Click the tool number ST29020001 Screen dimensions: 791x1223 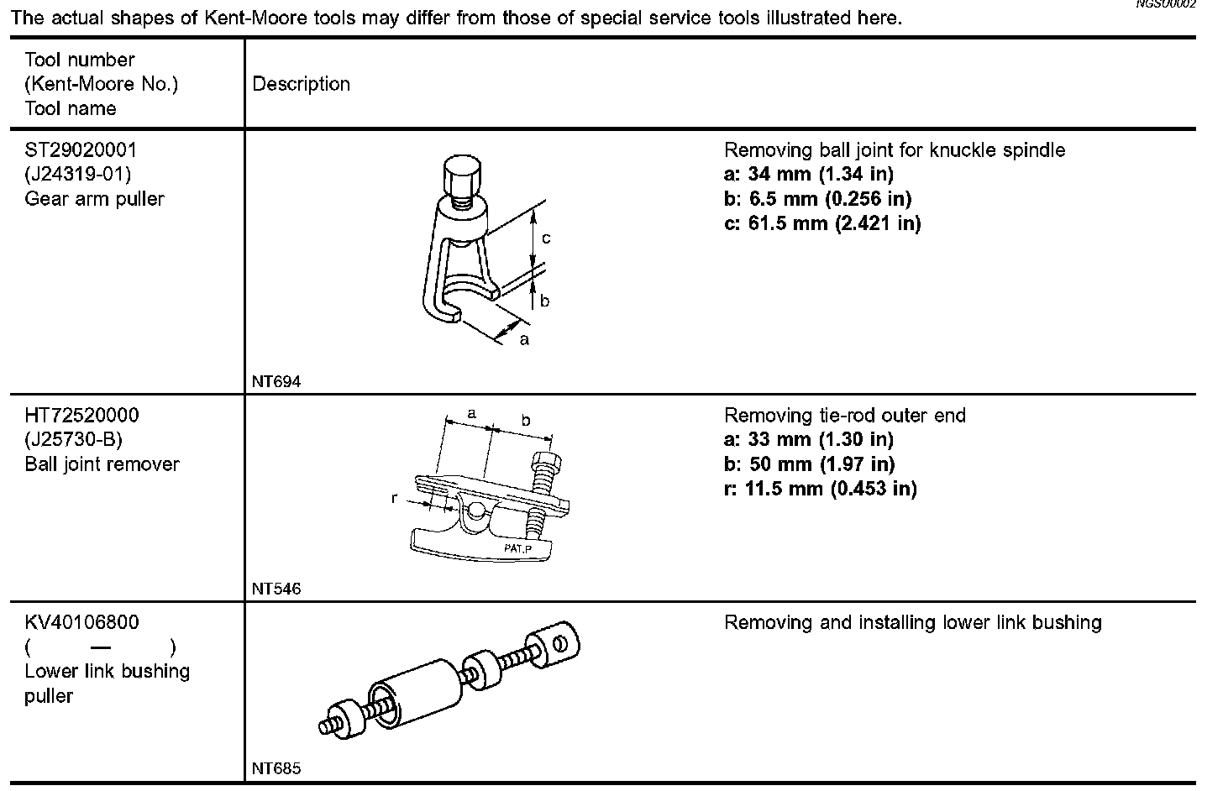81,150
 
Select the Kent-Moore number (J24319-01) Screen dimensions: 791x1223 78,175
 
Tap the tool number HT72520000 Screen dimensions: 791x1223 81,416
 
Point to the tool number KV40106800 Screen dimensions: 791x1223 81,623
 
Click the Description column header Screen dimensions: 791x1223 301,84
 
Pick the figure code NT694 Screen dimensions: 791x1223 276,381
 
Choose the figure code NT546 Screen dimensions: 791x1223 276,589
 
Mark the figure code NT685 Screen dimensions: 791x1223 276,768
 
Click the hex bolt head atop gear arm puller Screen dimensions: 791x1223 460,175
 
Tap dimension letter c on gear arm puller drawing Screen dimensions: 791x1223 546,238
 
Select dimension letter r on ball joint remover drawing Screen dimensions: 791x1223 395,498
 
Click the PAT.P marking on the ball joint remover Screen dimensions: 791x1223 518,548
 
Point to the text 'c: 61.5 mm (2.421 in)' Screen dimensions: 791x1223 822,223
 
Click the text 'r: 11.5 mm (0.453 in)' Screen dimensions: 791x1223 820,489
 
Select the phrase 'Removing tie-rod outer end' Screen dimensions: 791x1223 845,416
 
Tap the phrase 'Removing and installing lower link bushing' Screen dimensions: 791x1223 912,623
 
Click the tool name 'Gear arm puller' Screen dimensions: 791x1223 94,199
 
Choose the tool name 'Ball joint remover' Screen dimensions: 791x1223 102,464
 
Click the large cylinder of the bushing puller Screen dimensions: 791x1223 418,694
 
